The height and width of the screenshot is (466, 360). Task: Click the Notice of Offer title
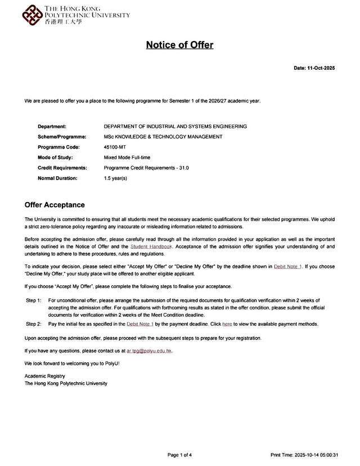click(x=179, y=45)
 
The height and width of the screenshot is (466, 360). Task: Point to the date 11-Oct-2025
click(x=314, y=68)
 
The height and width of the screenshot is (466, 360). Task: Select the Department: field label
click(x=52, y=127)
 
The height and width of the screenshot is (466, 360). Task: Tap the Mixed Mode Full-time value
click(x=127, y=158)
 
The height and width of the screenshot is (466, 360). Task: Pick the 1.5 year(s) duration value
click(x=116, y=178)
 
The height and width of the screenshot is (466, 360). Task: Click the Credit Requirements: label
click(x=62, y=168)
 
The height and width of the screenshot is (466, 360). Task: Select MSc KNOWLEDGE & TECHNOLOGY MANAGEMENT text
click(x=163, y=137)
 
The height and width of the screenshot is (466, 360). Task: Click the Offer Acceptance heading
click(x=55, y=205)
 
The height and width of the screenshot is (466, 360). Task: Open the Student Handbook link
click(x=151, y=247)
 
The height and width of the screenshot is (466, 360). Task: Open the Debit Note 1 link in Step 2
click(x=140, y=324)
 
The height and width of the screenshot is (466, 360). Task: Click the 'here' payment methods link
click(x=227, y=324)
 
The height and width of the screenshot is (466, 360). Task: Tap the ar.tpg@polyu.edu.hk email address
click(x=149, y=351)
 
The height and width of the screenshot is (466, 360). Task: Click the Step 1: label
click(x=34, y=301)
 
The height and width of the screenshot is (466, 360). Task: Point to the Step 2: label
click(x=34, y=324)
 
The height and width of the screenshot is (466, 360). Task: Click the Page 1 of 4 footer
click(x=179, y=455)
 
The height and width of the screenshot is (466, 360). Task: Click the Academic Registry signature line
click(x=45, y=376)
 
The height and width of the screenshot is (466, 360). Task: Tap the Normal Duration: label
click(x=57, y=178)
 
